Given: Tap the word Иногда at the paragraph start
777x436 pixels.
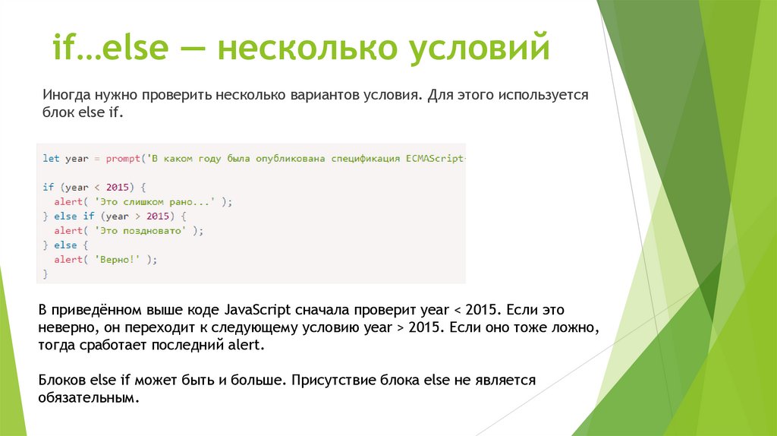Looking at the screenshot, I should pos(67,96).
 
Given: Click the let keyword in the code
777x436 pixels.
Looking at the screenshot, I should pos(50,159).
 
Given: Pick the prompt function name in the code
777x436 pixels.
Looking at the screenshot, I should pos(124,159).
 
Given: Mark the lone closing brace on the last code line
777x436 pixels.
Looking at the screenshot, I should pos(46,273).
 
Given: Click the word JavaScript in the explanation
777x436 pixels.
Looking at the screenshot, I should pos(256,311).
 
